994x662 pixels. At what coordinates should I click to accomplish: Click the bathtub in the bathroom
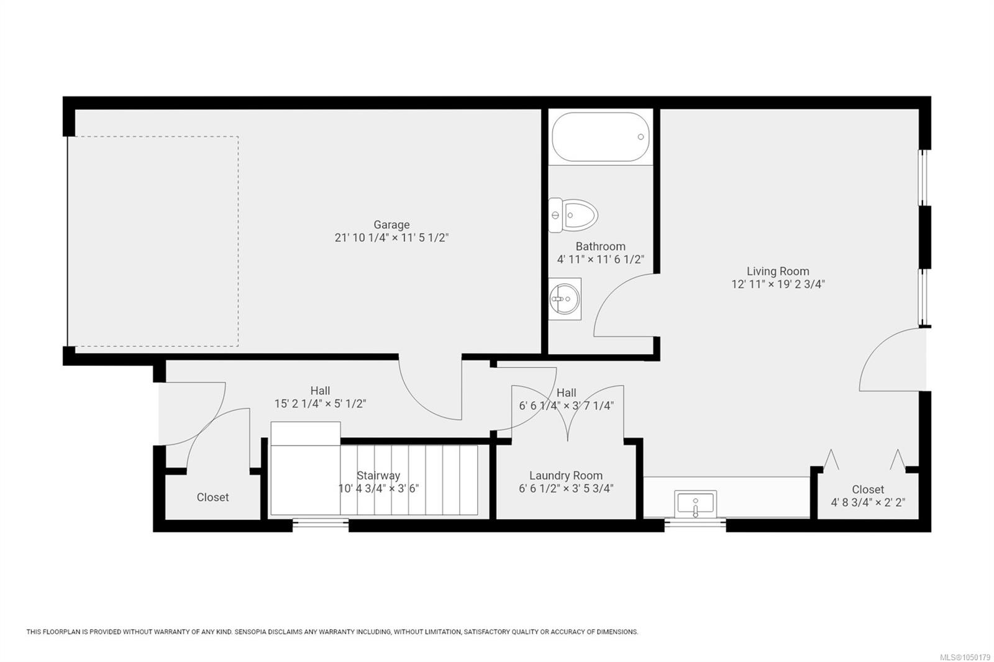coord(600,137)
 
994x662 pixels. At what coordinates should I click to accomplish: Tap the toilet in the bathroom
coord(573,215)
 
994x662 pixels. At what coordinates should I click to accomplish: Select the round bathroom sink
coord(565,299)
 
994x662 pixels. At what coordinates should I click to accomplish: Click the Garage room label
coord(391,225)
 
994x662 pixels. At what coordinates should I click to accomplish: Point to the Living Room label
coord(778,271)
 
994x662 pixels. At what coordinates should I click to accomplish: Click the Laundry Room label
coord(566,476)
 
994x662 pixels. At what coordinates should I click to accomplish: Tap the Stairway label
coord(378,476)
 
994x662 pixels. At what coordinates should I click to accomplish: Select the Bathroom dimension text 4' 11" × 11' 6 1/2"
coord(600,260)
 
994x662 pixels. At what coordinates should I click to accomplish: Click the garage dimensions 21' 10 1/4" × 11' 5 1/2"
coord(391,238)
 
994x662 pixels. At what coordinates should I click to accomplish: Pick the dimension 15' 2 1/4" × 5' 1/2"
coord(320,404)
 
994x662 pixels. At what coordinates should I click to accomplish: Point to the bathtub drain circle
coord(641,137)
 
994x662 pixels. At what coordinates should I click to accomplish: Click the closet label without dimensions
coord(212,497)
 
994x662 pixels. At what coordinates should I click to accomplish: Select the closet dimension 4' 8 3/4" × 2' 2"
coord(868,502)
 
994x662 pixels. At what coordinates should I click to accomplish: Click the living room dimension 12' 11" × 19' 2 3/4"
coord(778,284)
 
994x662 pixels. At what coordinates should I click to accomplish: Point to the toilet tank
coord(555,215)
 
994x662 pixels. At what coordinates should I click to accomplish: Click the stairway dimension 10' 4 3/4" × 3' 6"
coord(378,489)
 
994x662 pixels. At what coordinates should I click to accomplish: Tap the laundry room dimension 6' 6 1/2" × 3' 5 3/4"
coord(566,489)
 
